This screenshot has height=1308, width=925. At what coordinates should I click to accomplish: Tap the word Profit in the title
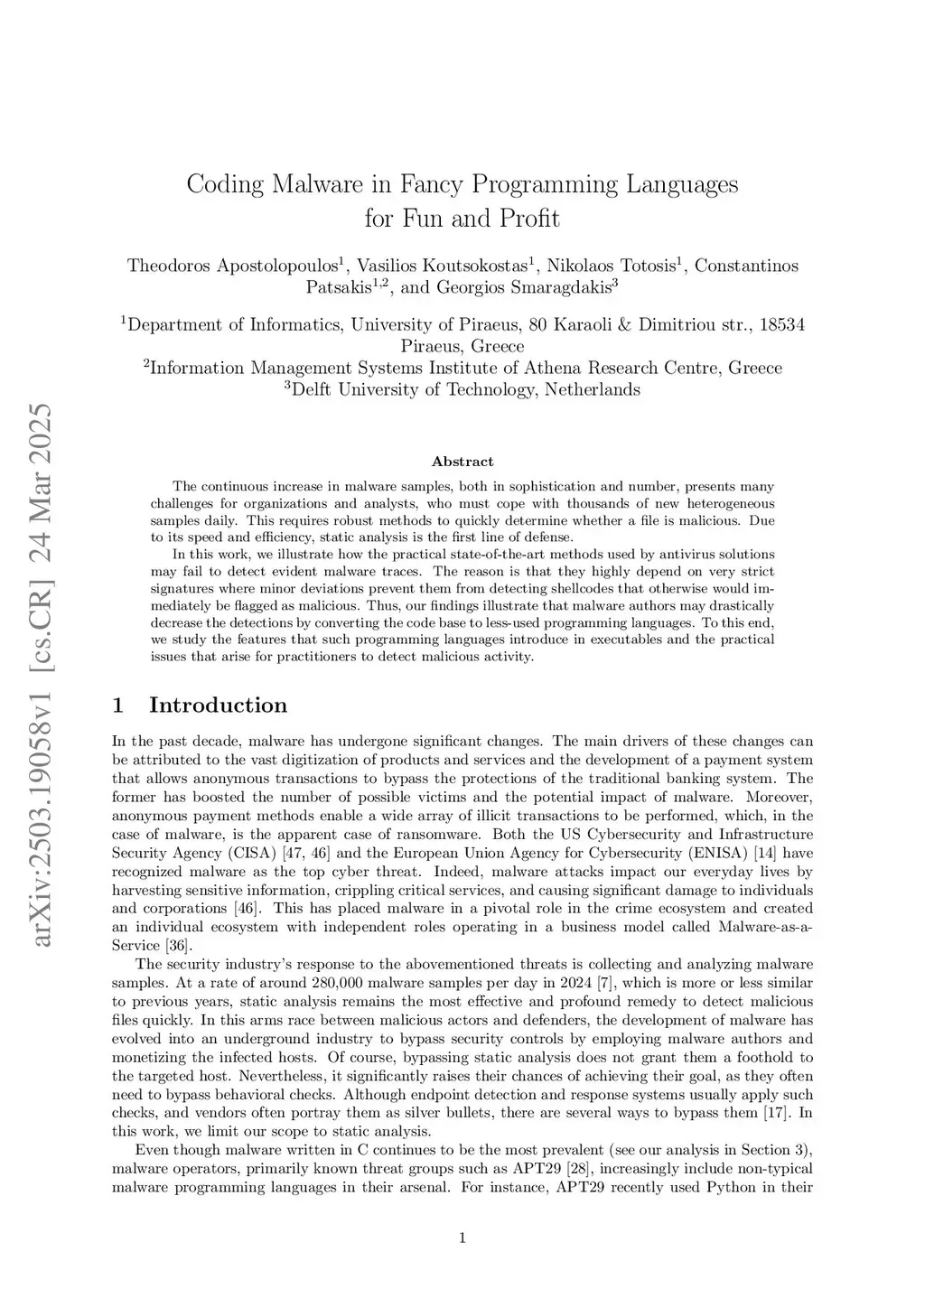(x=528, y=219)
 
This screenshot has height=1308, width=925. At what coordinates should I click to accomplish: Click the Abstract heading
(x=462, y=462)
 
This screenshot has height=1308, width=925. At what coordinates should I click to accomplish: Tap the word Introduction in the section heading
(x=218, y=705)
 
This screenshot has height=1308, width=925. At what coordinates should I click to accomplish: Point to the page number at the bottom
(x=462, y=1238)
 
